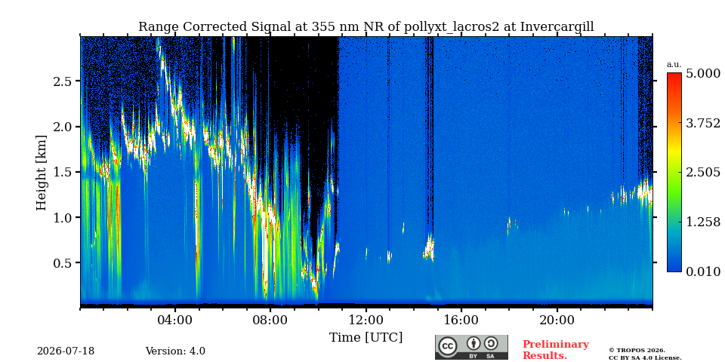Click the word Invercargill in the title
tap(557, 27)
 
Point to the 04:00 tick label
tap(175, 320)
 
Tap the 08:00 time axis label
tap(270, 320)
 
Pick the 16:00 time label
tap(461, 320)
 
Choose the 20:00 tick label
tap(557, 320)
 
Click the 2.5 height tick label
tap(63, 81)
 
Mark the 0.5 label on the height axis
tap(63, 262)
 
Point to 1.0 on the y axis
tap(63, 217)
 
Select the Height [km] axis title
tap(42, 173)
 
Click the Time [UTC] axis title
tap(366, 338)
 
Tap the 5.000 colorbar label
tap(703, 73)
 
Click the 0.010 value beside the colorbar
tap(703, 271)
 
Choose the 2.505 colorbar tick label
tap(703, 172)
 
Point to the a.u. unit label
tap(674, 65)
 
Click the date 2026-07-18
tap(66, 351)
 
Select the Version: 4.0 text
tap(175, 351)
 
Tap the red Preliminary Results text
tap(555, 350)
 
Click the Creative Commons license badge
tap(471, 347)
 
